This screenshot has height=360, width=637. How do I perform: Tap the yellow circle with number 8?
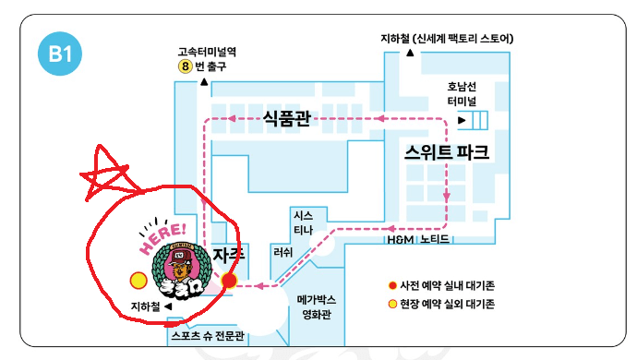point(186,66)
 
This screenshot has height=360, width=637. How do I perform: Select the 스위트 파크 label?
point(447,151)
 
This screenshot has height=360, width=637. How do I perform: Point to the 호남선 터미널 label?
point(461,94)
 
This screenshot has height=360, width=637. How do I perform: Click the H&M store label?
point(400,239)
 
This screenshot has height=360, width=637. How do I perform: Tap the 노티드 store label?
point(434,239)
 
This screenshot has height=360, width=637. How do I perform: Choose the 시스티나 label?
point(303,222)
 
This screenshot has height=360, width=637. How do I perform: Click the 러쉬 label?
point(282,252)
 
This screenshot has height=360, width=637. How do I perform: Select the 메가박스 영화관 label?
point(316,306)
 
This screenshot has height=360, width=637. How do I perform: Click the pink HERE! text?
point(164,238)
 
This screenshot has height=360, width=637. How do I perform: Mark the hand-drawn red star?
point(105,173)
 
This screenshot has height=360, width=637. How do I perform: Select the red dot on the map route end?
point(230,280)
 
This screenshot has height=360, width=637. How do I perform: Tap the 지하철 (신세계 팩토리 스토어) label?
point(447,39)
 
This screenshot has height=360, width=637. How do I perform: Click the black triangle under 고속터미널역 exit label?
point(202,83)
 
